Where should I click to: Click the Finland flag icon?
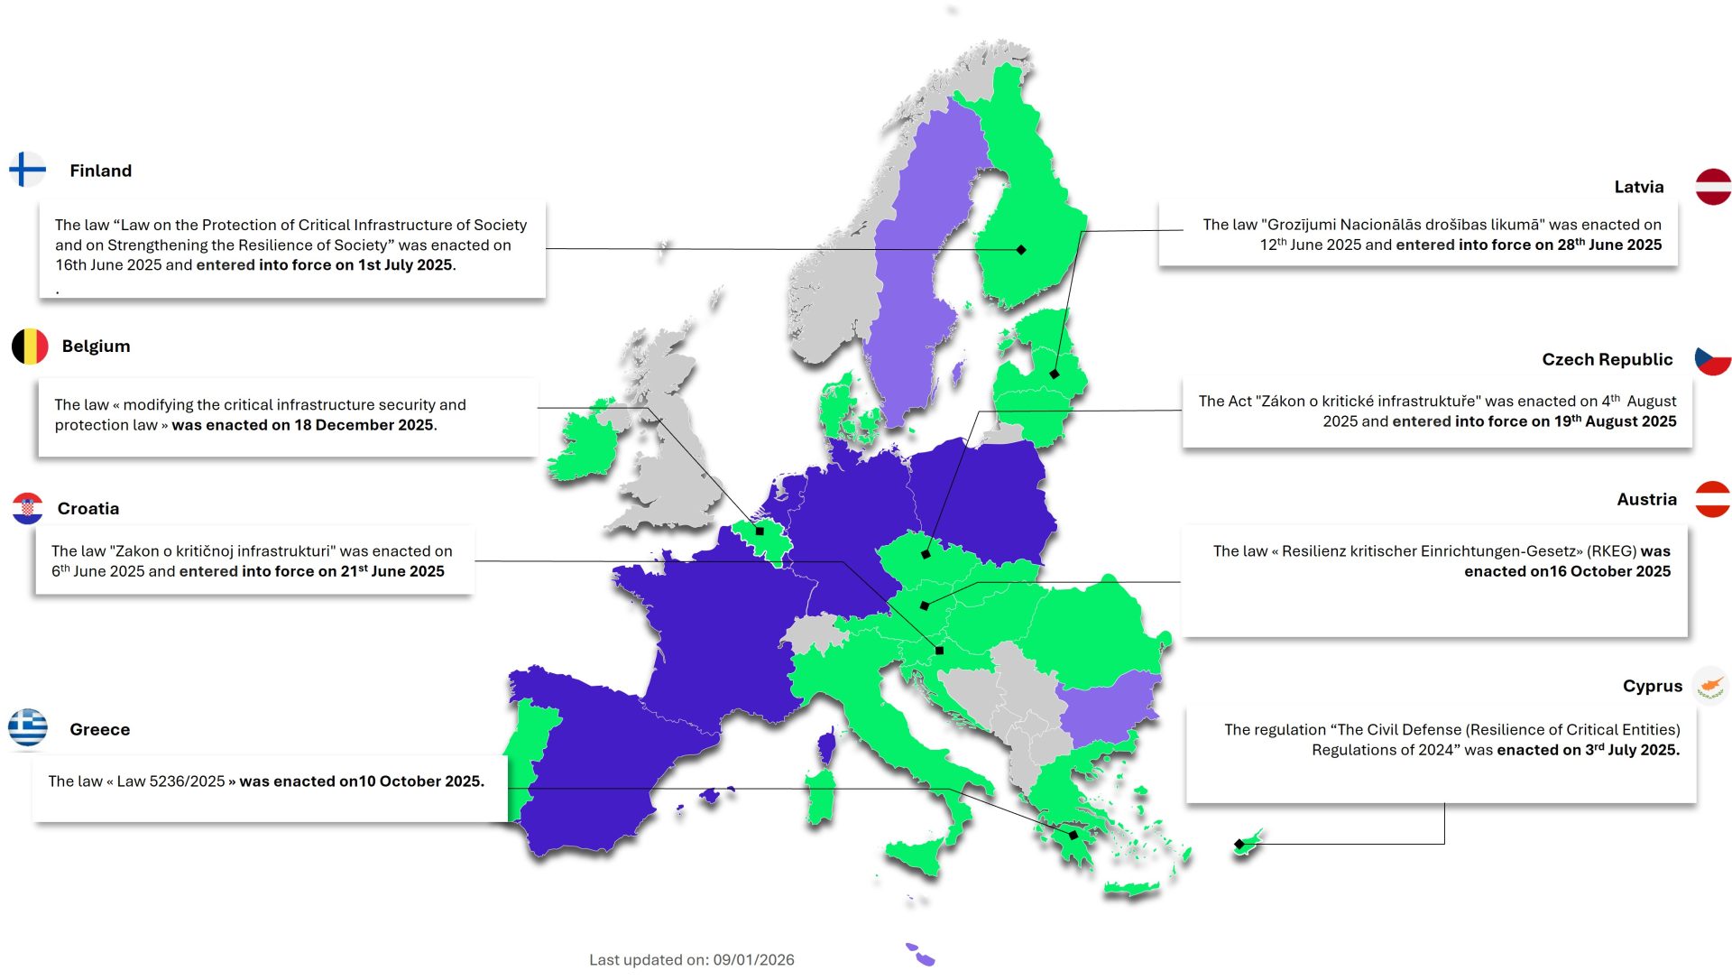point(27,170)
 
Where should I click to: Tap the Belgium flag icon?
point(30,347)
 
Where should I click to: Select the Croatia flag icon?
point(28,508)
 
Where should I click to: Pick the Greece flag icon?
point(28,728)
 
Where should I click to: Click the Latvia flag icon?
point(1713,187)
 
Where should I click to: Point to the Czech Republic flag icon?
point(1712,359)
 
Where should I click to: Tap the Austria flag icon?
point(1712,499)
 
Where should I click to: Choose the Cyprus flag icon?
point(1710,685)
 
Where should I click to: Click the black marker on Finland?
point(1021,250)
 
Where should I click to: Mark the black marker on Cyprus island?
point(1239,845)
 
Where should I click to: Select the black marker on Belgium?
point(760,532)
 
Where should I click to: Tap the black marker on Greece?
point(1073,836)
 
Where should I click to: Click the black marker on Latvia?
point(1055,374)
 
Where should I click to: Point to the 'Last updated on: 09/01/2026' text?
point(692,960)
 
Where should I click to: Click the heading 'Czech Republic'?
point(1607,359)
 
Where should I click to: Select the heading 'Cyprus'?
point(1652,686)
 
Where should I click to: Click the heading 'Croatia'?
point(88,509)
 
